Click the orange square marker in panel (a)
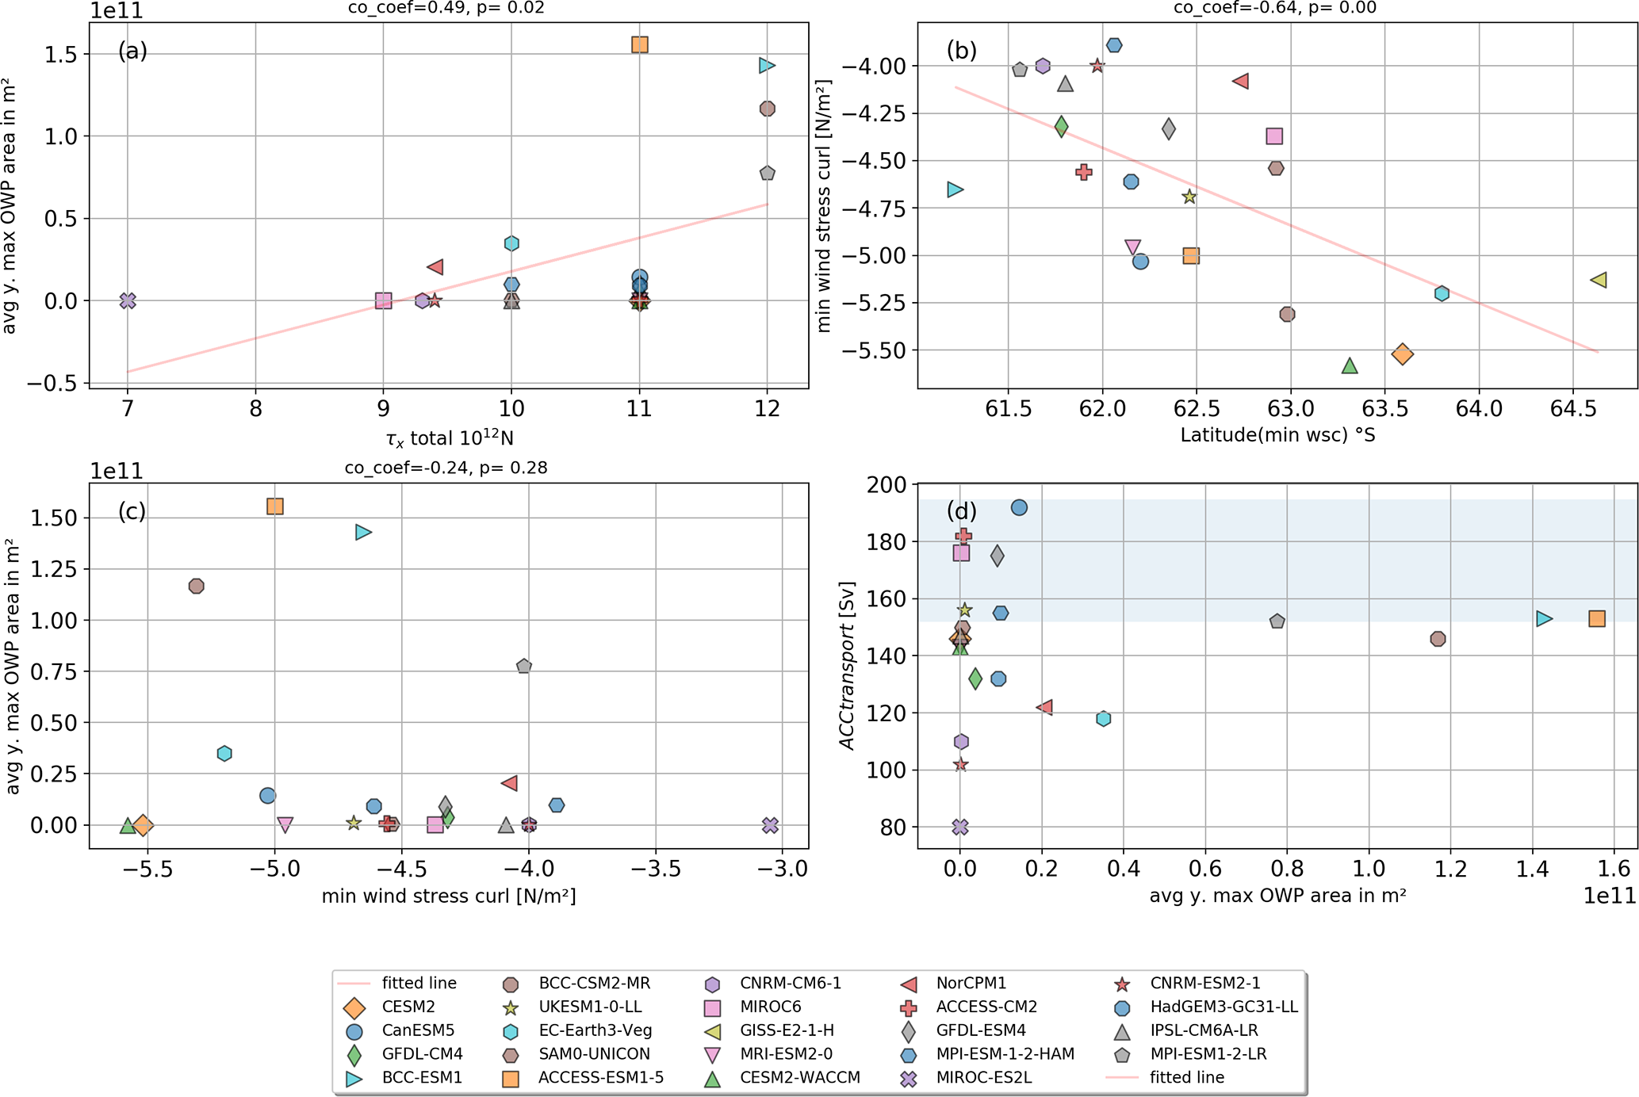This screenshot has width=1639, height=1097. point(639,44)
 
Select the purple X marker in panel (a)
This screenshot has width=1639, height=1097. point(128,300)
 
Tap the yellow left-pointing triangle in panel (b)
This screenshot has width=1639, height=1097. point(1599,280)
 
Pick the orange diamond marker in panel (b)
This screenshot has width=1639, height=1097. point(1402,354)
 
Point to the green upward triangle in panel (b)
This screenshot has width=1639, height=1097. point(1350,365)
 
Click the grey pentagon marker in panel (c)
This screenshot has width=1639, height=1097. point(523,666)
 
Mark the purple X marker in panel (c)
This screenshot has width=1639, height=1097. point(769,825)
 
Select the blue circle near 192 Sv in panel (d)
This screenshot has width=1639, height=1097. point(1019,507)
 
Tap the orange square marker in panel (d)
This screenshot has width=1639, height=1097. point(1597,618)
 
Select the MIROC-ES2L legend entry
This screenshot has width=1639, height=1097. point(984,1078)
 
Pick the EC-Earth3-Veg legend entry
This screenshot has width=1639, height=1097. point(595,1030)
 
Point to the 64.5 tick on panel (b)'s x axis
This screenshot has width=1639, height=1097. point(1573,409)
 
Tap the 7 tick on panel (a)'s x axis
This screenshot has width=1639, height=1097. point(128,409)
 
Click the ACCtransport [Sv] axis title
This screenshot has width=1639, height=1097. point(848,666)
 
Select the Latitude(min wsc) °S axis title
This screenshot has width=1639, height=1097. point(1277,435)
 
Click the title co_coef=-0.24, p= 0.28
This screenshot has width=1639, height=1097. point(446,468)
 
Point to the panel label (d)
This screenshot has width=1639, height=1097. point(961,510)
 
